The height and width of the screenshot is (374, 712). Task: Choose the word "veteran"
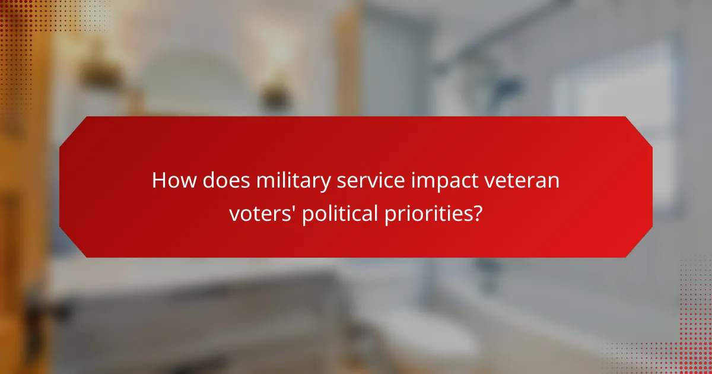tap(523, 180)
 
